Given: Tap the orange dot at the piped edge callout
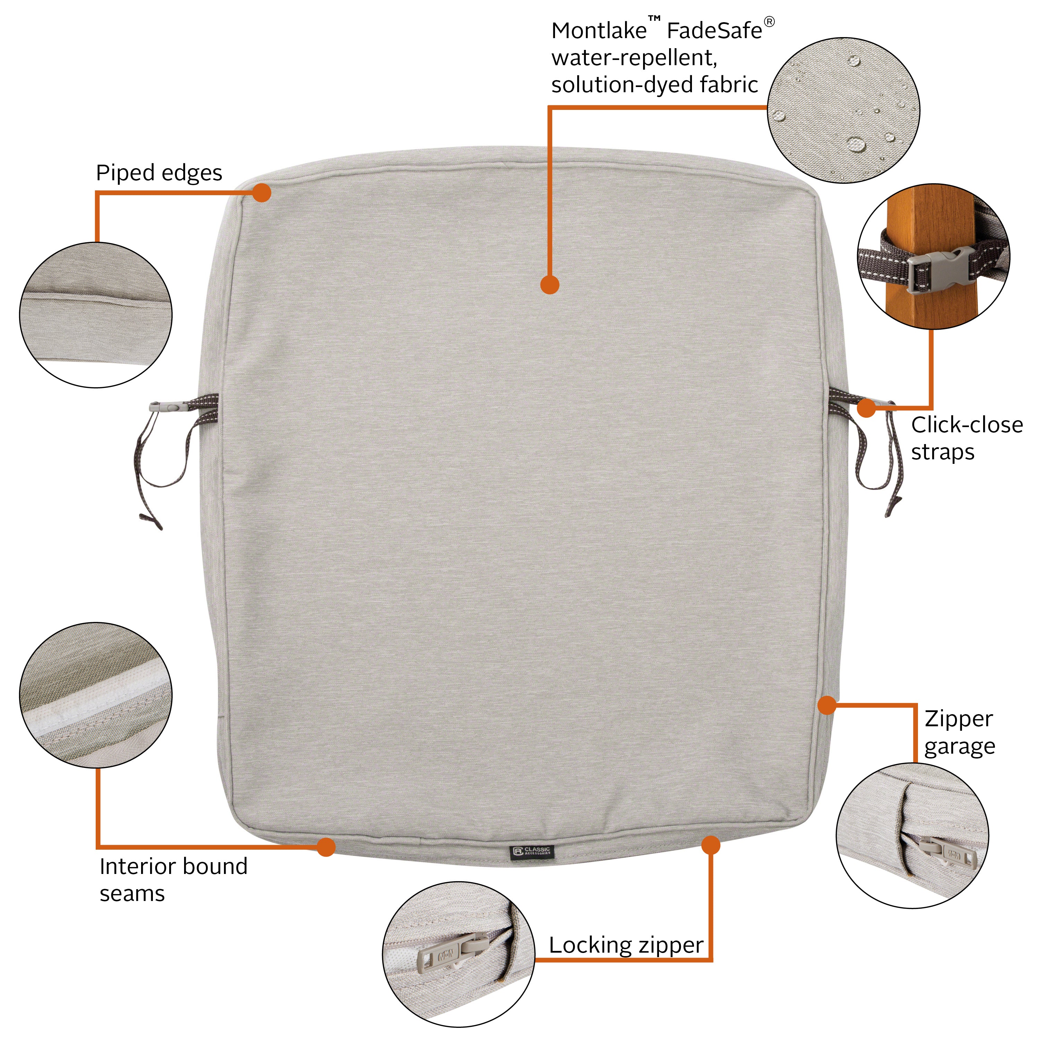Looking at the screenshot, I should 262,193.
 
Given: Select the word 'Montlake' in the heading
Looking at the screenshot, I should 599,31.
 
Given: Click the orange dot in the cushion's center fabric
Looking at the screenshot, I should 549,285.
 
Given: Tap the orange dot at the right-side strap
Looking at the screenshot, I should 866,408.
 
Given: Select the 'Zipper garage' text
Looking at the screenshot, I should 959,733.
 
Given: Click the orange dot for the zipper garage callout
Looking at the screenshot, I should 827,705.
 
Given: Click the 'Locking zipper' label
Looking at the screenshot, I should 625,945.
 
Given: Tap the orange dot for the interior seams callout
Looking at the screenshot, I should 326,847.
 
